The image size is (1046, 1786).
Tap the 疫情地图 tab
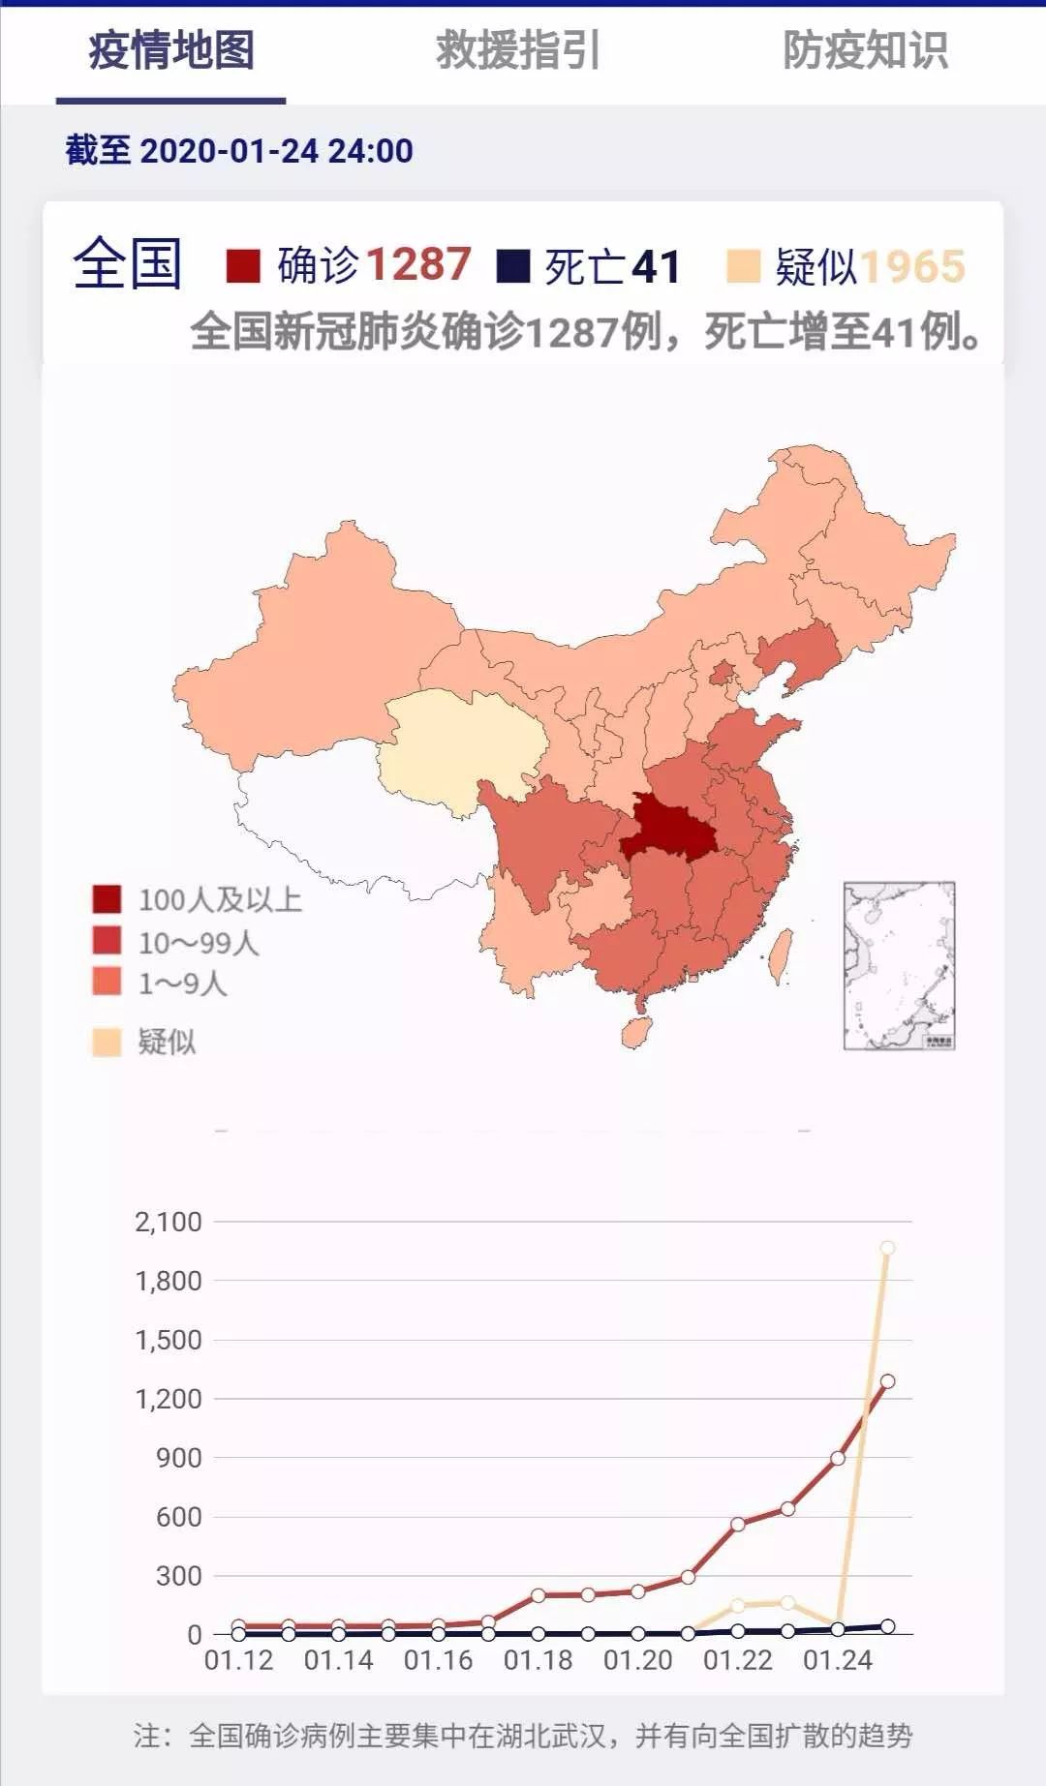pyautogui.click(x=171, y=50)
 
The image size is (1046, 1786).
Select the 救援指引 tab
pyautogui.click(x=518, y=50)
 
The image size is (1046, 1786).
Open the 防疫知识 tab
pyautogui.click(x=865, y=50)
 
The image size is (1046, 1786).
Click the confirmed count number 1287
pyautogui.click(x=418, y=264)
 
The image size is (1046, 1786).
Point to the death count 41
pyautogui.click(x=656, y=266)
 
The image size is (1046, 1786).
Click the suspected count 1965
pyautogui.click(x=912, y=266)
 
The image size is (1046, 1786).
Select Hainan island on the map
pyautogui.click(x=636, y=1032)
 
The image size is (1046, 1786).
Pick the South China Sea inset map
pyautogui.click(x=899, y=965)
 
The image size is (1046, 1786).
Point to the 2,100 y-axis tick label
pyautogui.click(x=169, y=1222)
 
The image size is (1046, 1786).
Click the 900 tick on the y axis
pyautogui.click(x=179, y=1458)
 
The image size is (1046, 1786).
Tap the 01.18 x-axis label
pyautogui.click(x=538, y=1660)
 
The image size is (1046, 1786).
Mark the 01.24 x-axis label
pyautogui.click(x=838, y=1660)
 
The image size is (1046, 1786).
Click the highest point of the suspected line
pyautogui.click(x=887, y=1248)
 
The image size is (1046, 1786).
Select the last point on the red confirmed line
pyautogui.click(x=887, y=1381)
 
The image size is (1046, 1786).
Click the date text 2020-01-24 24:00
pyautogui.click(x=277, y=151)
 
